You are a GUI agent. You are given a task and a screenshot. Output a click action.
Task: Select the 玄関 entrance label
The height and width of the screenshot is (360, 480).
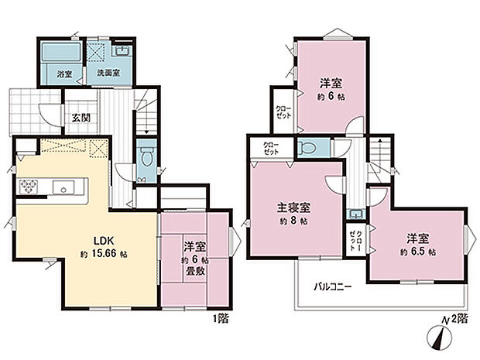click(x=81, y=118)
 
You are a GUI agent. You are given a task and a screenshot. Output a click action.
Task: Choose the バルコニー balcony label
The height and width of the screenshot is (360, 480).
click(x=333, y=286)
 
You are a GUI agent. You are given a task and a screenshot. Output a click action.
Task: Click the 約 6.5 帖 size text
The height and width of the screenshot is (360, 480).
click(x=418, y=252)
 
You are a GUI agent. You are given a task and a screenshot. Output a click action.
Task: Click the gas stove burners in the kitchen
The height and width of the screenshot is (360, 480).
click(x=29, y=185)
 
